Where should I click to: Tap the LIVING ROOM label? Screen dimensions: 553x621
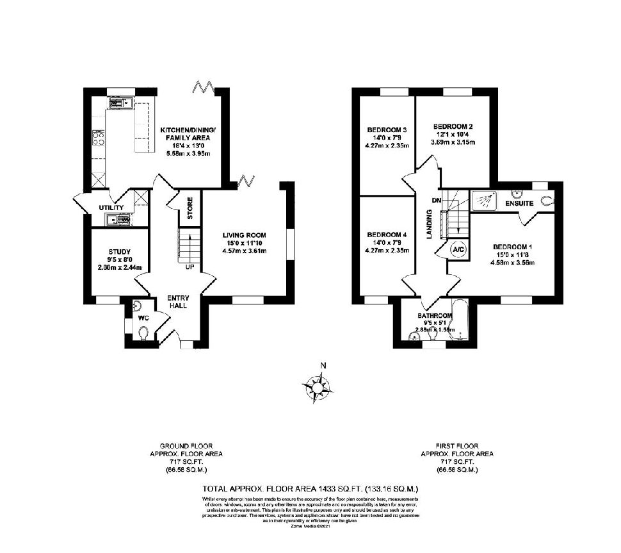pyautogui.click(x=244, y=235)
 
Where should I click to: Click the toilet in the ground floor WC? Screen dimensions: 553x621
pyautogui.click(x=145, y=333)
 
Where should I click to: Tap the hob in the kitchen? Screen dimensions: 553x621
pyautogui.click(x=99, y=138)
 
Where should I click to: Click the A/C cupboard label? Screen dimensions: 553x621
pyautogui.click(x=458, y=249)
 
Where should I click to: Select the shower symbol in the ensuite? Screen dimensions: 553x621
pyautogui.click(x=485, y=201)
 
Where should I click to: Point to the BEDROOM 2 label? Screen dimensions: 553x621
pyautogui.click(x=453, y=126)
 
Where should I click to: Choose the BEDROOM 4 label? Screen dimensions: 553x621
pyautogui.click(x=387, y=235)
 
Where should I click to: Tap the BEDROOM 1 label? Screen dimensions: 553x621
pyautogui.click(x=512, y=247)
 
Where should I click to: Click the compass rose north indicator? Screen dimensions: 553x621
pyautogui.click(x=323, y=366)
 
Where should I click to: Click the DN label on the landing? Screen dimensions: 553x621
pyautogui.click(x=437, y=201)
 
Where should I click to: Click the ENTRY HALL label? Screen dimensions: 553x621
pyautogui.click(x=177, y=302)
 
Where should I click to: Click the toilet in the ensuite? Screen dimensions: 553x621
pyautogui.click(x=545, y=201)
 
